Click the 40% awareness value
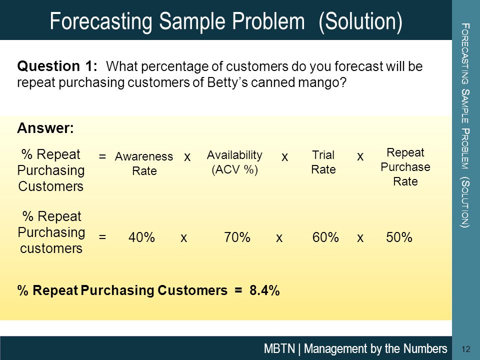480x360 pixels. click(x=141, y=237)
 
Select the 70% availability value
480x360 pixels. click(x=237, y=237)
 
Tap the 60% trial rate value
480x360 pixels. click(x=325, y=237)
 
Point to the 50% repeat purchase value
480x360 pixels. click(x=399, y=237)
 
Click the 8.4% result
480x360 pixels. click(x=264, y=290)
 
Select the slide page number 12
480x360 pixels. click(x=466, y=349)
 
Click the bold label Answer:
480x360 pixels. click(x=45, y=128)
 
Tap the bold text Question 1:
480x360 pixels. click(x=57, y=66)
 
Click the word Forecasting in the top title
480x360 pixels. click(x=101, y=21)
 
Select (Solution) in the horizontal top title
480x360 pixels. click(x=360, y=21)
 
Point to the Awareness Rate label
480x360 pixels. click(x=144, y=163)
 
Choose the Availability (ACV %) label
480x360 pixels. click(x=234, y=162)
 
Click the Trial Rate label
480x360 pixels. click(x=323, y=162)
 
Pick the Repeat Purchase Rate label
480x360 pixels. click(x=405, y=167)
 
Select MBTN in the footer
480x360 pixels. click(x=279, y=348)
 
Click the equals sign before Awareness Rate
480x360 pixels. click(x=102, y=156)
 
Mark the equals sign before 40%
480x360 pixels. click(x=102, y=236)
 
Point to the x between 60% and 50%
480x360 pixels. click(x=360, y=238)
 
